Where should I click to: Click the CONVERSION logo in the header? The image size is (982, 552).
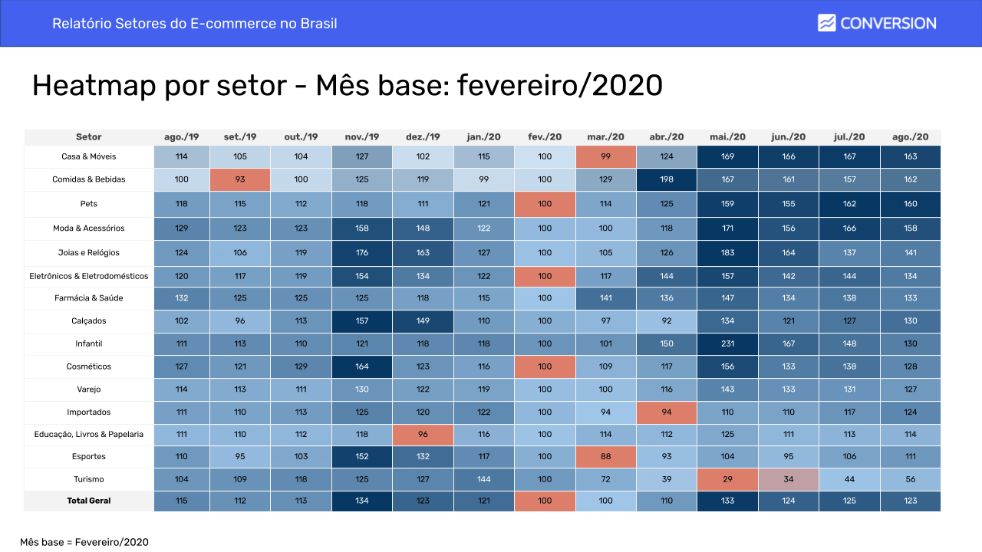point(877,23)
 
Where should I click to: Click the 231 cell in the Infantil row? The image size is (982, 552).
point(727,344)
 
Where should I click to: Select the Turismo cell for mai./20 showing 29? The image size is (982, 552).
point(727,479)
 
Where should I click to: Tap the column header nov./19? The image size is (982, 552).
point(362,137)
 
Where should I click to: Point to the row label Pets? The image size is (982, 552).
point(89,205)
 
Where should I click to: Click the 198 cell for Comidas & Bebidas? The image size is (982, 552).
point(667,179)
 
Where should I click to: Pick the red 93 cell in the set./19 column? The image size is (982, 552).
point(240,179)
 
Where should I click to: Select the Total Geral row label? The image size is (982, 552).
point(89,501)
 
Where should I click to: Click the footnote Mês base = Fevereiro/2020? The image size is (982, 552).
point(84,542)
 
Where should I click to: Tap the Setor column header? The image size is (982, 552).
point(89,137)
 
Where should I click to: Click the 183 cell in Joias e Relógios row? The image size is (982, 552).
point(727,253)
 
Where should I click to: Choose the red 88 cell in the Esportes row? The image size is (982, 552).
point(606,457)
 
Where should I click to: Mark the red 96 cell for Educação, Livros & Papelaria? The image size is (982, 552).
point(423,435)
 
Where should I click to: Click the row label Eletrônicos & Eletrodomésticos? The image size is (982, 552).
point(89,276)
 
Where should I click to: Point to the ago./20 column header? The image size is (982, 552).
point(910,137)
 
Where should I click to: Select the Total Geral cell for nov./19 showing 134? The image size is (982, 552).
point(362,501)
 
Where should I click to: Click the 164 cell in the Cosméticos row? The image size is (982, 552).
point(362,367)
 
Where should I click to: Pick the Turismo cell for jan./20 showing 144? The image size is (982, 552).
point(483,479)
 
